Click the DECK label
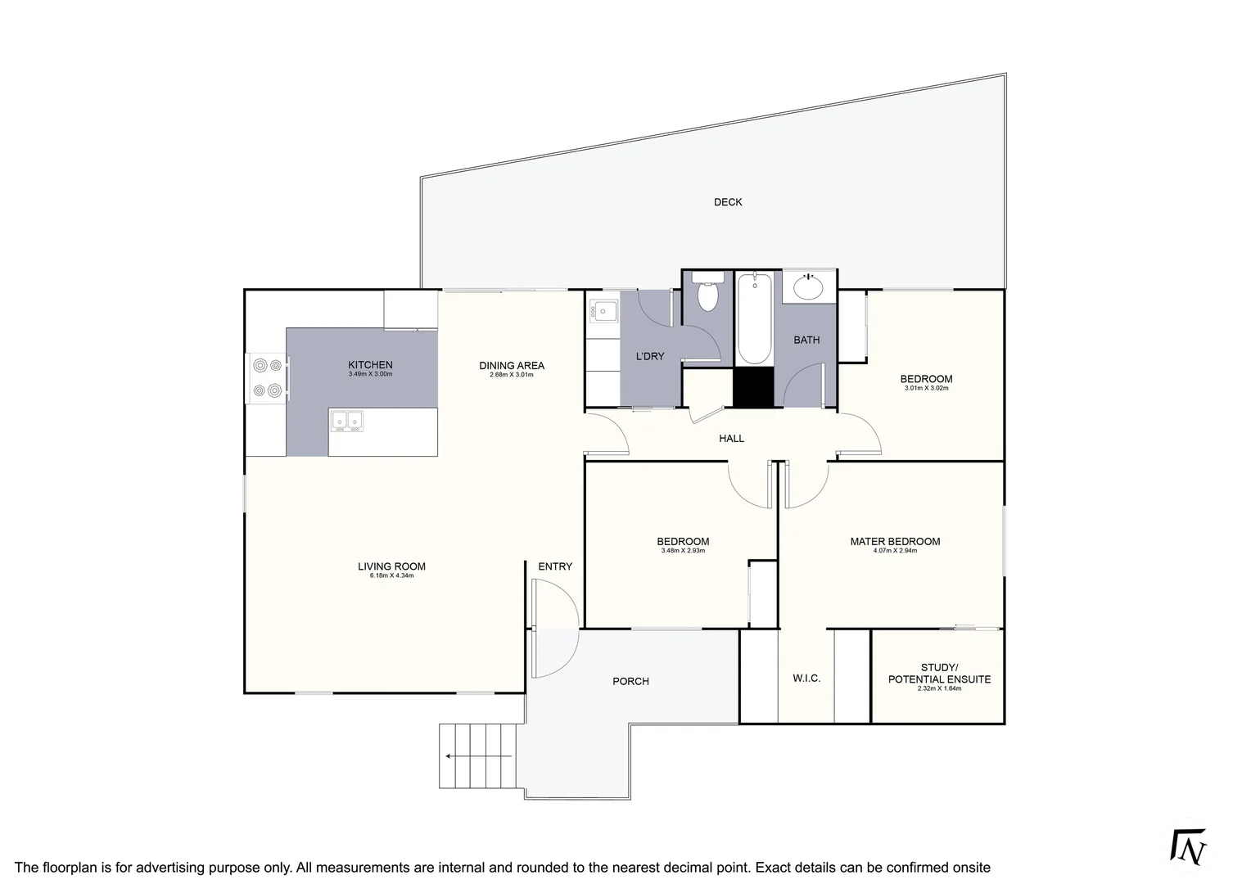(x=727, y=202)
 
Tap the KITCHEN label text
(x=370, y=365)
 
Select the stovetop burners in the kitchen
(x=268, y=378)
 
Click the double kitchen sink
(x=347, y=421)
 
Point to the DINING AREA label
(x=512, y=366)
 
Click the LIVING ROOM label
(x=391, y=566)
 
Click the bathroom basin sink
(x=808, y=287)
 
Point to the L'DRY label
(x=650, y=356)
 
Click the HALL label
(x=731, y=439)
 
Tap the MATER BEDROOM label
(x=895, y=542)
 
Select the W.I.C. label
(x=806, y=679)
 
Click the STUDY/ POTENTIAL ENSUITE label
(x=939, y=674)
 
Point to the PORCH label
(x=630, y=681)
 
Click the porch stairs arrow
(x=479, y=756)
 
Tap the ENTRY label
(x=555, y=566)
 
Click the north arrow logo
(x=1190, y=847)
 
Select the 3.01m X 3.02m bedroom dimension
(x=926, y=388)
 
